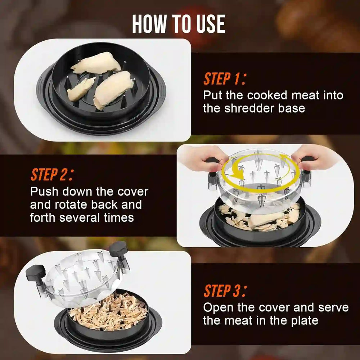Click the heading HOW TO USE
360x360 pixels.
click(179, 24)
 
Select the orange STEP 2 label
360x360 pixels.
click(52, 174)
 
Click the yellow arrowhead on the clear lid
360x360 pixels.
click(234, 175)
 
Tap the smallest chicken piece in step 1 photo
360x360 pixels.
click(81, 89)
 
